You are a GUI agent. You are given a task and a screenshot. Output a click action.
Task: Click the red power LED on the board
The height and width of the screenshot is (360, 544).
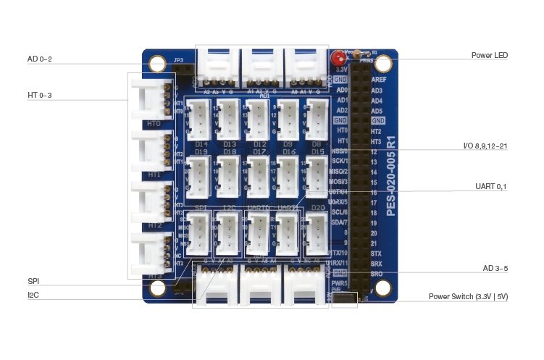337,59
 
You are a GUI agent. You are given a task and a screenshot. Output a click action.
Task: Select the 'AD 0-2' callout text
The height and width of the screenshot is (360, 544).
40,59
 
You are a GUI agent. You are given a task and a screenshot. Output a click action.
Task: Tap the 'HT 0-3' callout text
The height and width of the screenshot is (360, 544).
40,95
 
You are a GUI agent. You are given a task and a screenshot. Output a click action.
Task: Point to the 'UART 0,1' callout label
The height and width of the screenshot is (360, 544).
490,186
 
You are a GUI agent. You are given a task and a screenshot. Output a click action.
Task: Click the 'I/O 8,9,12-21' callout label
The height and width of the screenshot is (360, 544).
485,146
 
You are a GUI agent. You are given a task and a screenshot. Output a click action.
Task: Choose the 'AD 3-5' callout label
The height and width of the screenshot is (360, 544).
495,269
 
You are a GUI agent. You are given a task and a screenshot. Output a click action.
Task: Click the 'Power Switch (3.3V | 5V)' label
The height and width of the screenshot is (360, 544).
468,296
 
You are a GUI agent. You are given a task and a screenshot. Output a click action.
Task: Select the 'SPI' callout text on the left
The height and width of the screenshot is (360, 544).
33,281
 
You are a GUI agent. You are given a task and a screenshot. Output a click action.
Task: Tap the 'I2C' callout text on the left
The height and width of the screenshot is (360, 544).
33,295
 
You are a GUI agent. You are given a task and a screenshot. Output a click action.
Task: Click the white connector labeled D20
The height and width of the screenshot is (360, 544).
317,233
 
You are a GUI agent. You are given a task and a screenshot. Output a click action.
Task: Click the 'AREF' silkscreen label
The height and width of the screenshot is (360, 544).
377,80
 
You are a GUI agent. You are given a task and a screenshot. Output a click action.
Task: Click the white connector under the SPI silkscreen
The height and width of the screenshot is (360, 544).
200,233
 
